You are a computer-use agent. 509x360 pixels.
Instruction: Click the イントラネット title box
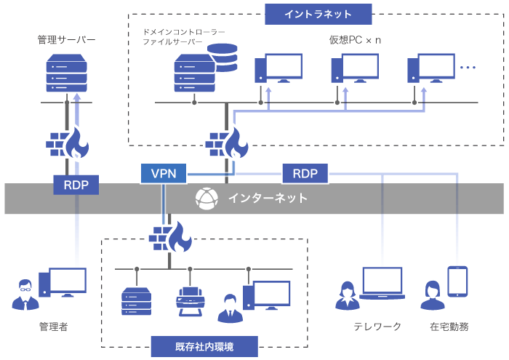(x=318, y=14)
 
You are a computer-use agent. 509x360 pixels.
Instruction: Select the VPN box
(x=163, y=173)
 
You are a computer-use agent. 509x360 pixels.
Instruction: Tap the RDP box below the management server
(x=76, y=185)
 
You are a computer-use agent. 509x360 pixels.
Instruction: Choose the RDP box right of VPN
(x=305, y=173)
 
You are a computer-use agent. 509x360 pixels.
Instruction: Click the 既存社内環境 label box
(x=204, y=346)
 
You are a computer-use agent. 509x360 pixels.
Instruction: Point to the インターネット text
(x=267, y=198)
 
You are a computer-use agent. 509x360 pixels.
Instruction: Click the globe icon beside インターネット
(x=207, y=198)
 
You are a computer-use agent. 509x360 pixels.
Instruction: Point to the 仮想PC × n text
(x=356, y=38)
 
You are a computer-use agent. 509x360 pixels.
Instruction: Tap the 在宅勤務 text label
(x=449, y=327)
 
